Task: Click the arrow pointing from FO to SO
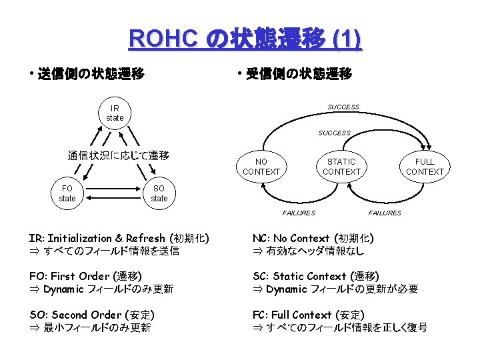(113, 189)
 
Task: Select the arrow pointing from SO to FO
(113, 198)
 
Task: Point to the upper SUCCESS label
(343, 107)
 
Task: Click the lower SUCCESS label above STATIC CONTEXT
(334, 133)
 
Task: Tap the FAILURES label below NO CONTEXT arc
(299, 213)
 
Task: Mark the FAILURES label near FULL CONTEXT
(385, 213)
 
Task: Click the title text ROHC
(163, 39)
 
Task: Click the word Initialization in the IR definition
(80, 238)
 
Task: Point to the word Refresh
(145, 238)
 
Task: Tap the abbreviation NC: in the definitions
(261, 238)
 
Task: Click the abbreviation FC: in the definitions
(261, 315)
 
